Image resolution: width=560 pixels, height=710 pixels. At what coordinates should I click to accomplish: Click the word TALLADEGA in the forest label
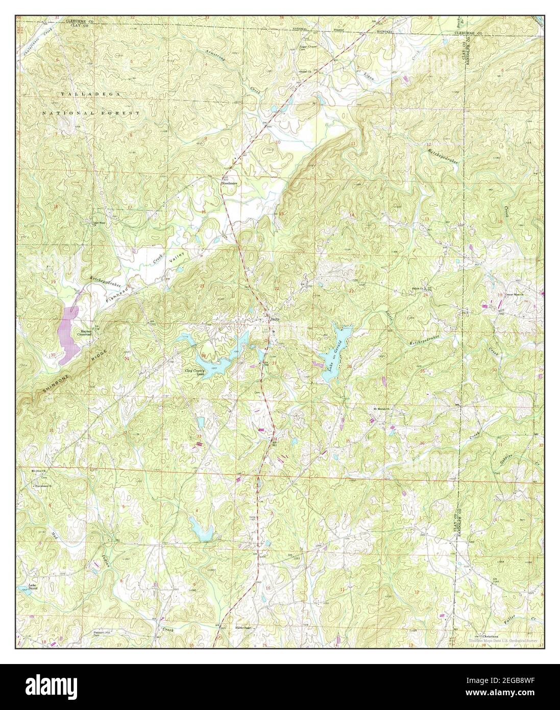click(77, 94)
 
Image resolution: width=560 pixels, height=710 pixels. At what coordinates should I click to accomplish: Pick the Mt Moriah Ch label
click(380, 409)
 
